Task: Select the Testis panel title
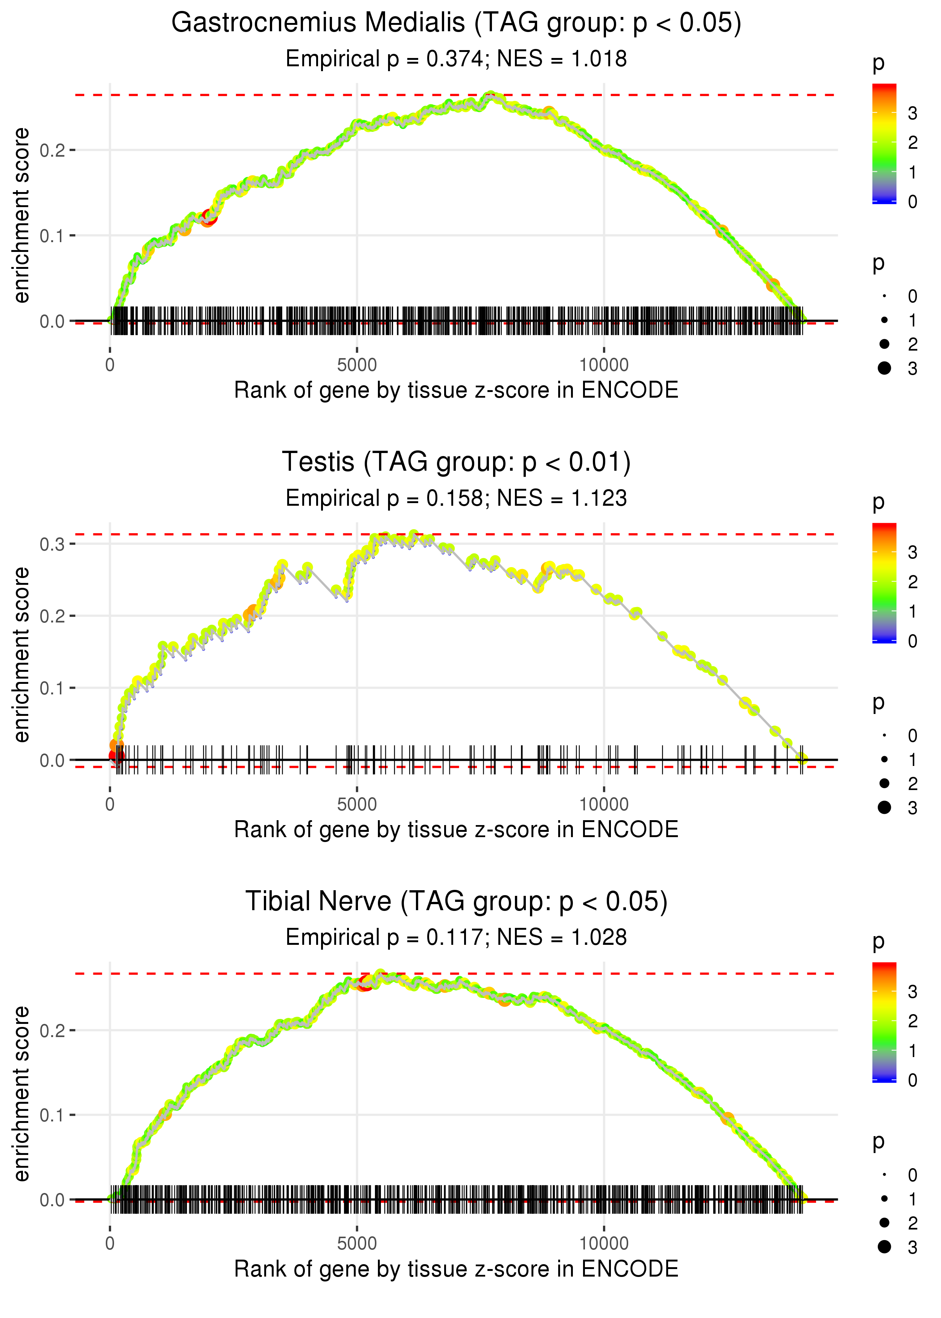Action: [x=456, y=462]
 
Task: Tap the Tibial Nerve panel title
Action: [x=456, y=901]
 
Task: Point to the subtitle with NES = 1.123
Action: [x=456, y=498]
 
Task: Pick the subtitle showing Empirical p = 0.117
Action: [x=456, y=937]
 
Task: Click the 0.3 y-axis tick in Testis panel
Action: [x=52, y=544]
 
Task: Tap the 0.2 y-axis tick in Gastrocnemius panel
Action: [x=52, y=151]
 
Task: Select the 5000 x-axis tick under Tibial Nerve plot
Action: [x=357, y=1243]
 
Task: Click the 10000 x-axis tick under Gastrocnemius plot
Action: [x=604, y=365]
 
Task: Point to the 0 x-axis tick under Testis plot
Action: [x=110, y=804]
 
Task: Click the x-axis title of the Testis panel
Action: [x=456, y=830]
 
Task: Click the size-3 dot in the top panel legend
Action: [x=884, y=368]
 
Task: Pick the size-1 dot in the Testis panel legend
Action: [x=884, y=759]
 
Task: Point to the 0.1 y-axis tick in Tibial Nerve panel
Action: [x=52, y=1115]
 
